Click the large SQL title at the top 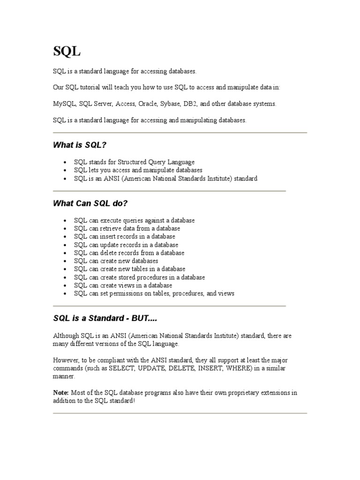point(67,52)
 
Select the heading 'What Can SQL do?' point(90,203)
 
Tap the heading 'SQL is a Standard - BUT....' point(105,318)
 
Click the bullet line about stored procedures point(139,277)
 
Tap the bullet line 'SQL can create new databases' point(116,261)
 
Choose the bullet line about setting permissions point(154,294)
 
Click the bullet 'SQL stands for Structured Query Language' point(134,162)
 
